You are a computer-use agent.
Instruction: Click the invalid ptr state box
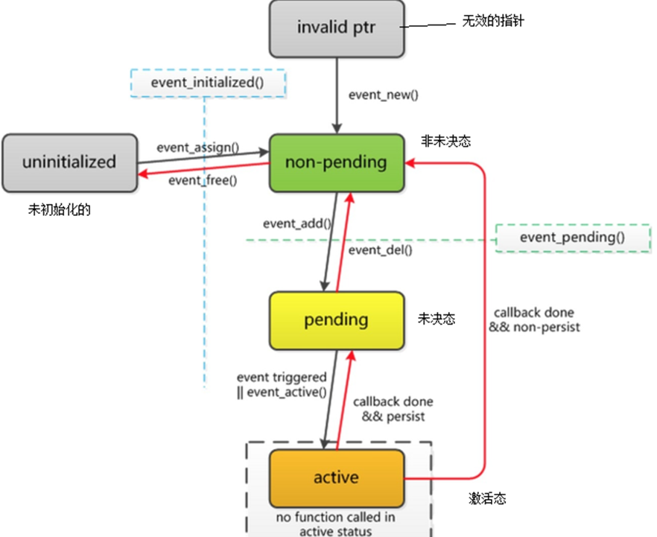pos(336,30)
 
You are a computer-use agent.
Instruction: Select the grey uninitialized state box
pos(69,161)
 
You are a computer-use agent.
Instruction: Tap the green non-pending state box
pos(336,162)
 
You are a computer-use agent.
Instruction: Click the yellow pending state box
pos(336,320)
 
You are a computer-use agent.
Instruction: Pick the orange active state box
pos(336,477)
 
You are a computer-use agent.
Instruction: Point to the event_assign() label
pos(197,147)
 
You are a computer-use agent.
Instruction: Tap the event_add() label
pos(296,223)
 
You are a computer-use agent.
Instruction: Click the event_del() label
pos(381,250)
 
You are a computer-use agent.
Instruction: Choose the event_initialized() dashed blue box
pos(207,82)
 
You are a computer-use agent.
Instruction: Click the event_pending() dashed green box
pos(572,238)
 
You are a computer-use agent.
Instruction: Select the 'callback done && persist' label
pos(393,408)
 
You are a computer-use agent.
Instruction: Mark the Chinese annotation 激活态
pos(487,498)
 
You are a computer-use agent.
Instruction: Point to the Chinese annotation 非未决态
pos(445,142)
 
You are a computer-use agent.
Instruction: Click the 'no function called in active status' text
pos(337,524)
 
